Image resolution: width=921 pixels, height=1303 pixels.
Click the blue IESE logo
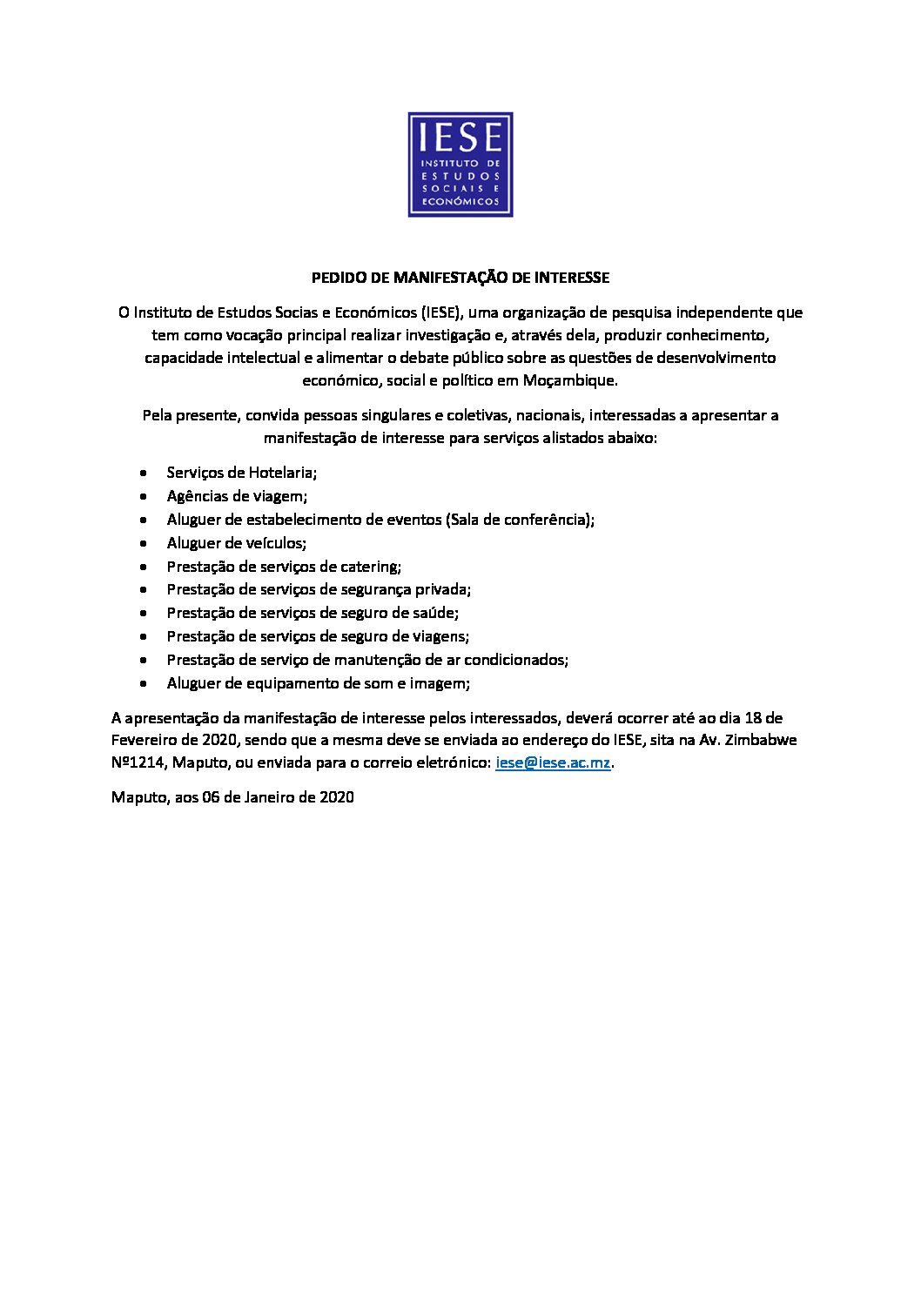point(460,165)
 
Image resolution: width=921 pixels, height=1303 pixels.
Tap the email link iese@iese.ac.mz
point(553,762)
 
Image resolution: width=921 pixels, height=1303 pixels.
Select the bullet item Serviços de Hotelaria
point(241,473)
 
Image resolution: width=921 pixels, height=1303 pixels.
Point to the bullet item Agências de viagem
point(237,496)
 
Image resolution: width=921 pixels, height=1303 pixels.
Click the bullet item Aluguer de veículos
point(236,543)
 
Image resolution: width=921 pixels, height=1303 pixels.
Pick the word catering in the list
point(369,567)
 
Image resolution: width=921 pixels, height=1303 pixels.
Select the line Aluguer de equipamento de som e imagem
point(318,683)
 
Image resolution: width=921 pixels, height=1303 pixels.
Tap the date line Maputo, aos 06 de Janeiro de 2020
point(232,796)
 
